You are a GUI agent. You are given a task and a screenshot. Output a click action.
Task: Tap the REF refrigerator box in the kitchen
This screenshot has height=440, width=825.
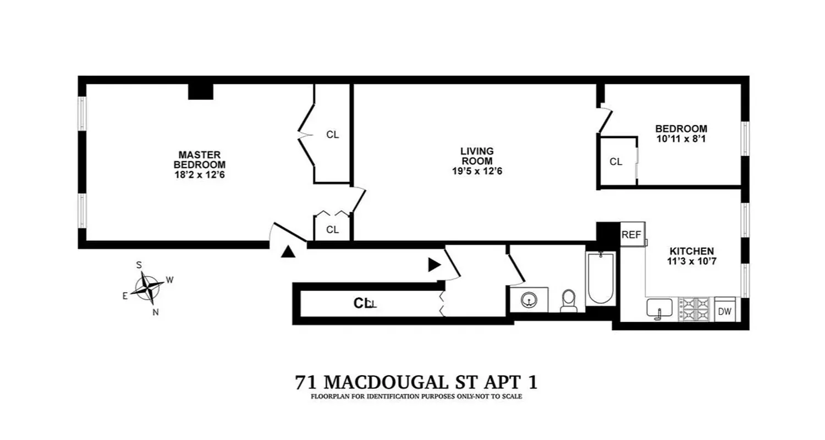tap(631, 235)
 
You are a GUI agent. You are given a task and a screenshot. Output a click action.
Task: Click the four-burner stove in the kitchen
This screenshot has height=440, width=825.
tap(695, 309)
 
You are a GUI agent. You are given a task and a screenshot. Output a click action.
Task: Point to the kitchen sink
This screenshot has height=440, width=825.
tap(659, 308)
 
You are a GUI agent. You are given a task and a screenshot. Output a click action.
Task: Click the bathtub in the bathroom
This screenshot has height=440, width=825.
tap(600, 278)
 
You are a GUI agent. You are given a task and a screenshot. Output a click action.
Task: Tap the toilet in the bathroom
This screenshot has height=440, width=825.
tap(569, 301)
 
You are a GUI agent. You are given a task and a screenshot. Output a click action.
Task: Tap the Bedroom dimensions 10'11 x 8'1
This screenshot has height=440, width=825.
tap(681, 139)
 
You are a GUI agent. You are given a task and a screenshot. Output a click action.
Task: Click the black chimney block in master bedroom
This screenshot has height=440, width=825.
tap(200, 91)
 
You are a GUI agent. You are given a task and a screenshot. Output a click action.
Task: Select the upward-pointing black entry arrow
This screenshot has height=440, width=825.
tap(287, 252)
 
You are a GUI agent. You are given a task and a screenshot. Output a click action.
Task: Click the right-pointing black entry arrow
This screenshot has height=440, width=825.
tap(435, 265)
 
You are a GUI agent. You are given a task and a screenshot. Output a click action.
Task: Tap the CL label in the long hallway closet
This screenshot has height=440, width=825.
tap(362, 303)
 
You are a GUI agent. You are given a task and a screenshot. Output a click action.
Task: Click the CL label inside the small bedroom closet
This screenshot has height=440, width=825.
tap(616, 162)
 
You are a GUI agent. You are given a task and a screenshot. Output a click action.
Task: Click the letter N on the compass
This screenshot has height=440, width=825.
tap(156, 312)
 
